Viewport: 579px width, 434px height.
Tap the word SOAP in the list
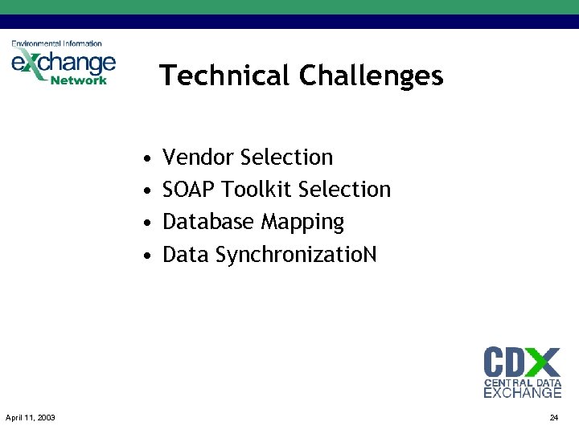tap(188, 190)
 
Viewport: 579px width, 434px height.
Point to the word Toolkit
tap(257, 190)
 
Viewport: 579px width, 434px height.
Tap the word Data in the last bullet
tap(186, 255)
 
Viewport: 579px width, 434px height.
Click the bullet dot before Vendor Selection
tap(143, 158)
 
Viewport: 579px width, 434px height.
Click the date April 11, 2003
tap(31, 417)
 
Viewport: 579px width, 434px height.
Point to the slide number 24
tap(553, 417)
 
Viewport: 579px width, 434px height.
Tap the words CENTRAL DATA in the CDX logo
tap(522, 383)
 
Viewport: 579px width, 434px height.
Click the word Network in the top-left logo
tap(78, 80)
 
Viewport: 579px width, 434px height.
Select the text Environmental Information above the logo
tap(56, 43)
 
